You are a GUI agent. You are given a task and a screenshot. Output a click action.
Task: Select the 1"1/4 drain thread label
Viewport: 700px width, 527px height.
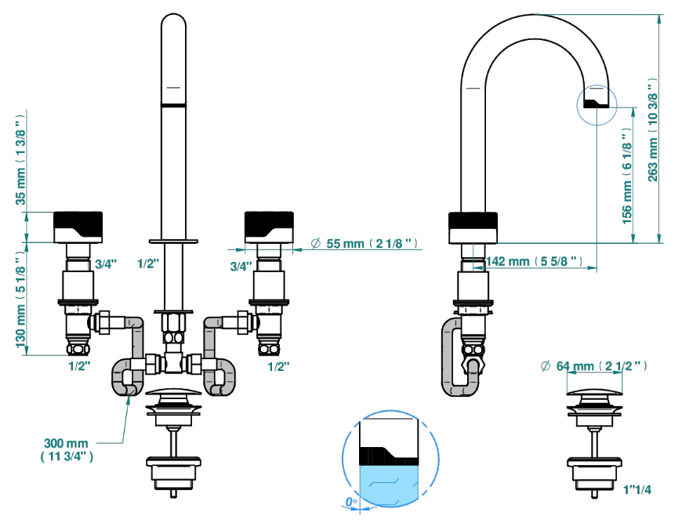[x=637, y=490]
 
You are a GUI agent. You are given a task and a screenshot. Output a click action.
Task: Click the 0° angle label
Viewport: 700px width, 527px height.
[x=352, y=503]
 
